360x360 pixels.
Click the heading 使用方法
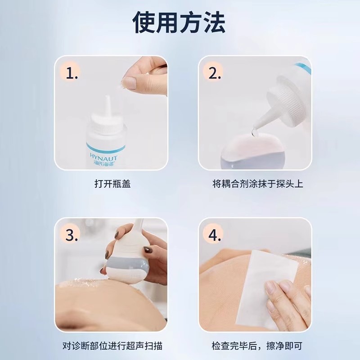(x=179, y=22)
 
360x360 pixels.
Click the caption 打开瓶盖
(x=112, y=184)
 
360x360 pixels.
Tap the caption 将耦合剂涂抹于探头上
(x=257, y=184)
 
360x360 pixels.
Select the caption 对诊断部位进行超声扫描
(x=112, y=346)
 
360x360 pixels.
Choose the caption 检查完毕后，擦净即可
(x=257, y=346)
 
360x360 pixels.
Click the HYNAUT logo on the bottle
(x=103, y=157)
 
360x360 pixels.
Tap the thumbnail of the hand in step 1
(x=129, y=82)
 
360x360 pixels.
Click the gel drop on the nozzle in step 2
(x=254, y=132)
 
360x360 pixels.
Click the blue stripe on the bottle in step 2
(x=303, y=68)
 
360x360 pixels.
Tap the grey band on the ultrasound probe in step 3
(x=125, y=263)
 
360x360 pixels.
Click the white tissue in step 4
(x=267, y=289)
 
